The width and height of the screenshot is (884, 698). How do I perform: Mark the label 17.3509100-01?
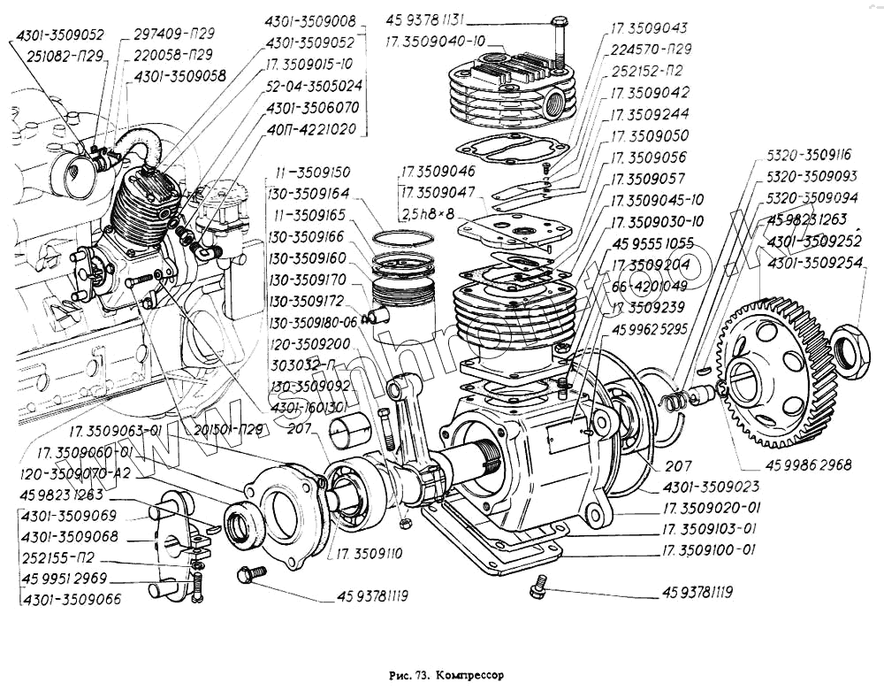pyautogui.click(x=709, y=550)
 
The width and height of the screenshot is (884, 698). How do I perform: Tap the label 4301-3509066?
pyautogui.click(x=72, y=600)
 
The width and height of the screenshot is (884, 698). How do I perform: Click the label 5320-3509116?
pyautogui.click(x=810, y=154)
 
